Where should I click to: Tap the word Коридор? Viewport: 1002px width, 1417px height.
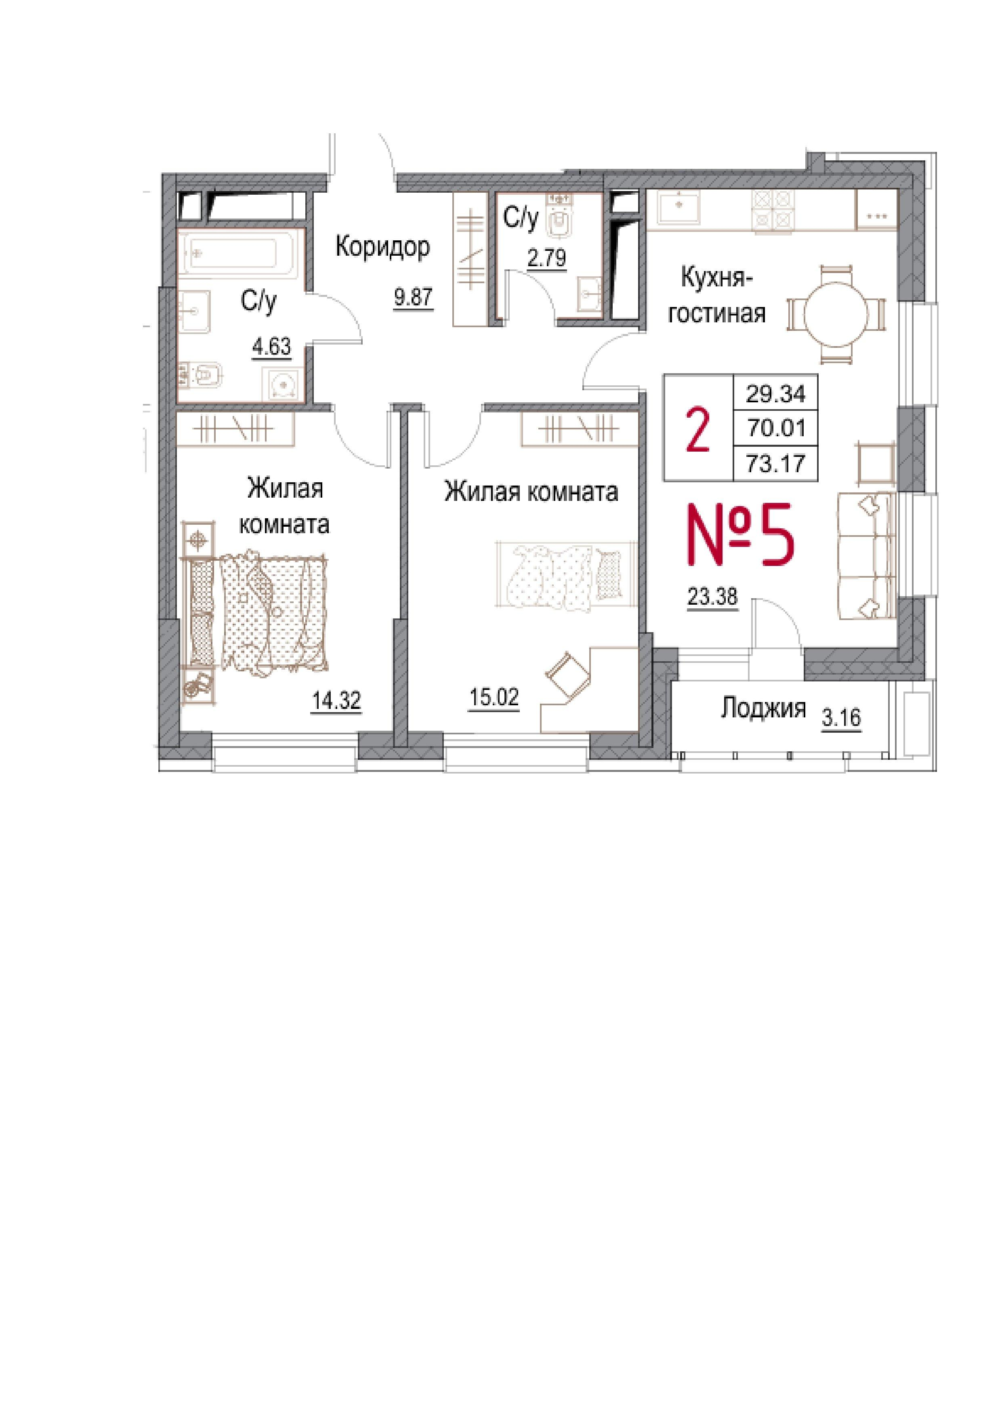pyautogui.click(x=382, y=248)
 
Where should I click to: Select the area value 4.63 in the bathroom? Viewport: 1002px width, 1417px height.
pyautogui.click(x=270, y=347)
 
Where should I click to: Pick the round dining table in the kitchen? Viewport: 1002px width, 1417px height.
pyautogui.click(x=837, y=313)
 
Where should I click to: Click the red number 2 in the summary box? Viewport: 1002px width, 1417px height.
pyautogui.click(x=698, y=431)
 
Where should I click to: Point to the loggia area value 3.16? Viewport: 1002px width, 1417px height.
pyautogui.click(x=842, y=718)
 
